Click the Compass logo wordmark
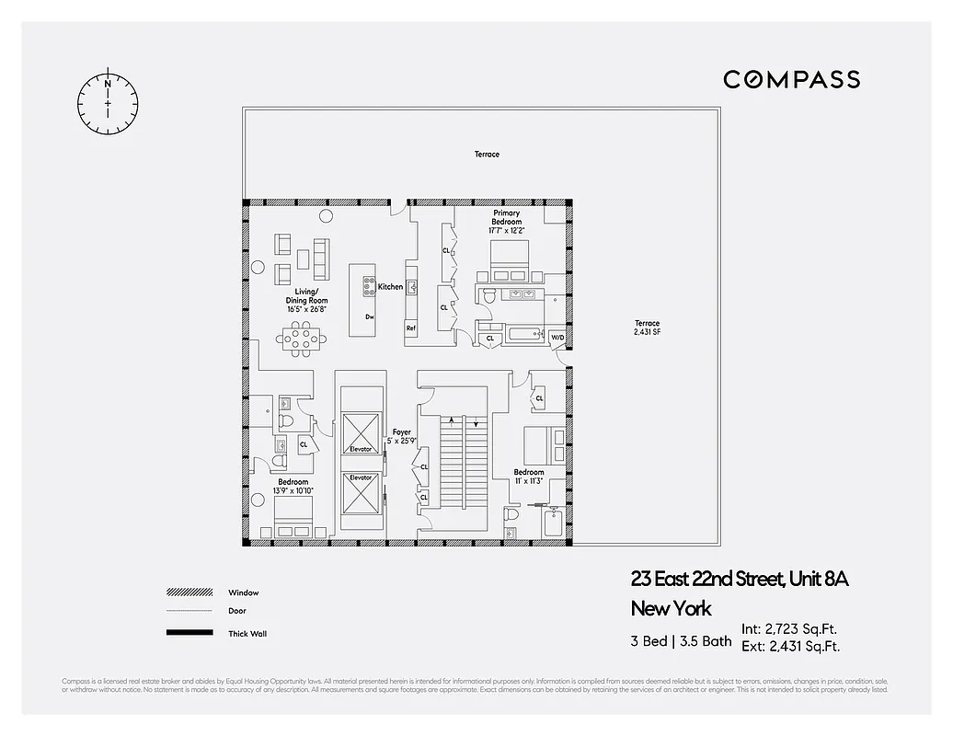(791, 79)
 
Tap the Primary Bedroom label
(506, 217)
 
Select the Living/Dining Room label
(304, 300)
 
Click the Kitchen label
(390, 287)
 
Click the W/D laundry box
(557, 338)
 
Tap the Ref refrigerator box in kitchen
(410, 328)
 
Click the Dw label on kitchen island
(369, 316)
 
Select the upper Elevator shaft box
(361, 431)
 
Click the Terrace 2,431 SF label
(647, 328)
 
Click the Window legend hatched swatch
(189, 592)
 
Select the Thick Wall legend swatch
(189, 633)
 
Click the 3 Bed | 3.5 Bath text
(681, 641)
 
